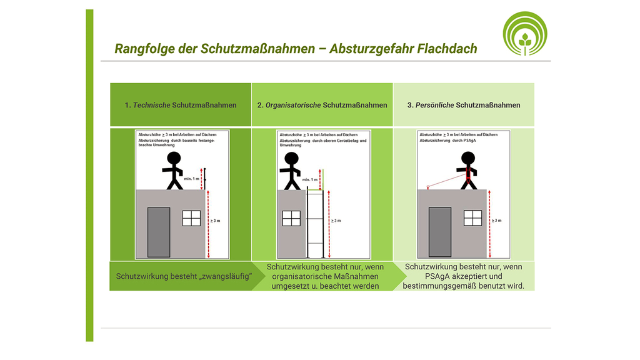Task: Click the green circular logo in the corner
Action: click(x=525, y=33)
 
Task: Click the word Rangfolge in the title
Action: click(x=141, y=49)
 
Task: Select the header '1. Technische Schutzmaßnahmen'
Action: click(x=181, y=105)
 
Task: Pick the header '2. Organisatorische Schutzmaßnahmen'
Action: click(x=322, y=105)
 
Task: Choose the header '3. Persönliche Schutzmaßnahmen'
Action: click(x=464, y=105)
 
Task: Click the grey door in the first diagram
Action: click(x=159, y=232)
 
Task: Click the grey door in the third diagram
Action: click(x=439, y=232)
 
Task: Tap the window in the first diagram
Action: click(x=191, y=218)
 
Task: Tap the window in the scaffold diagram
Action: click(x=291, y=218)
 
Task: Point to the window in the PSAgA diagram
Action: click(x=472, y=218)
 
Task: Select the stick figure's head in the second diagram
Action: click(x=291, y=158)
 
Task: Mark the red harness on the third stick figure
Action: click(x=466, y=173)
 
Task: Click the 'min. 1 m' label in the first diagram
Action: click(x=192, y=179)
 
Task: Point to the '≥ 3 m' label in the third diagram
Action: click(x=496, y=221)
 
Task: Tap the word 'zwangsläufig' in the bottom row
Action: click(x=224, y=276)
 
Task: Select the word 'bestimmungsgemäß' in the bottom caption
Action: click(x=442, y=286)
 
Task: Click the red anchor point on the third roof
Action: click(x=427, y=186)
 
